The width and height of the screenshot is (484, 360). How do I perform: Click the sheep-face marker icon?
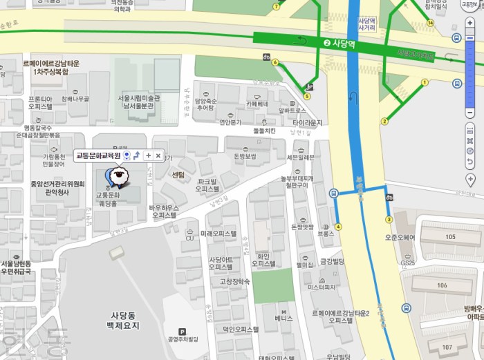coord(119,179)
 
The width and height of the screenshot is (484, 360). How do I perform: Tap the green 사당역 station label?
coord(339,42)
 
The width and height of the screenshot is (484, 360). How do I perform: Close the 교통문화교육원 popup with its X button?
coord(158,155)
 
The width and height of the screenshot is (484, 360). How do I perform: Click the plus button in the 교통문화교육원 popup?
coord(147,155)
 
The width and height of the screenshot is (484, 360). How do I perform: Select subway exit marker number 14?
coord(430,23)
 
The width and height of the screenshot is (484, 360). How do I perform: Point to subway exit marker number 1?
coord(424,84)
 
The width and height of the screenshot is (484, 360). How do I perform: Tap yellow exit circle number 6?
coord(275,63)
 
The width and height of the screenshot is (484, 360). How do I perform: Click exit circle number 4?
coord(338,226)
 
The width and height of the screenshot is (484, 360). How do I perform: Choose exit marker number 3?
coord(389,220)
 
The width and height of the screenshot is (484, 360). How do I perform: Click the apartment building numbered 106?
coord(441,285)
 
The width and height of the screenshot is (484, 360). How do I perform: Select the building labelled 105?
coord(451,237)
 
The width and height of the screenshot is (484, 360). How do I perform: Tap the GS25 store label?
coord(407,263)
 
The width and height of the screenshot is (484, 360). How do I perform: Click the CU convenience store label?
coord(189,238)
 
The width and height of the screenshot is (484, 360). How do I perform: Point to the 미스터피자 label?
coord(322,286)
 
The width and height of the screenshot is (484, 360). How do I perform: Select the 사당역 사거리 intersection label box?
coord(366,25)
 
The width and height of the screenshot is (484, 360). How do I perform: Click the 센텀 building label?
coord(178,175)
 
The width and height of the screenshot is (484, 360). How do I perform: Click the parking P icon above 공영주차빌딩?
coord(182,331)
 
